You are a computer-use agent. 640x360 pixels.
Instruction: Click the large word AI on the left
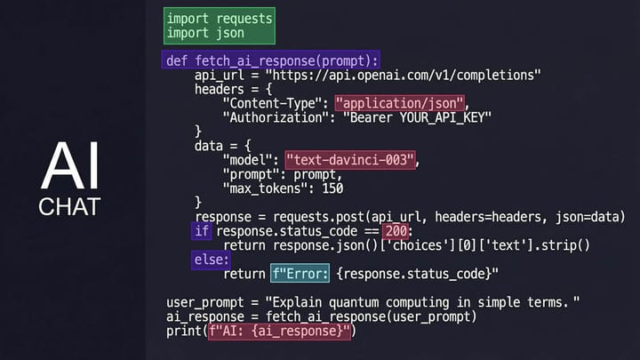70,165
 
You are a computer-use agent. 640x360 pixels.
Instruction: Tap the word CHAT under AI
70,207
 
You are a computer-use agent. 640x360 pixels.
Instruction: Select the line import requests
220,18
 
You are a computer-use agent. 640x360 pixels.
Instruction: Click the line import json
205,34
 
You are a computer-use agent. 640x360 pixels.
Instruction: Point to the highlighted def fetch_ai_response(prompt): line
272,60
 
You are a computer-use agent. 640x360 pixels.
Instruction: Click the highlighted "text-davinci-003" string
351,160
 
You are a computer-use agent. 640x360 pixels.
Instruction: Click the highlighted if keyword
202,231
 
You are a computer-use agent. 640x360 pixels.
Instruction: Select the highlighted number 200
396,231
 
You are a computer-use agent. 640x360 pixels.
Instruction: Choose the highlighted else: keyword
212,260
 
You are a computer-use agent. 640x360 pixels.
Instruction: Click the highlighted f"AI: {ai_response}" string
281,332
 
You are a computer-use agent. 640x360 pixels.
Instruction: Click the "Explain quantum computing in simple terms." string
430,303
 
